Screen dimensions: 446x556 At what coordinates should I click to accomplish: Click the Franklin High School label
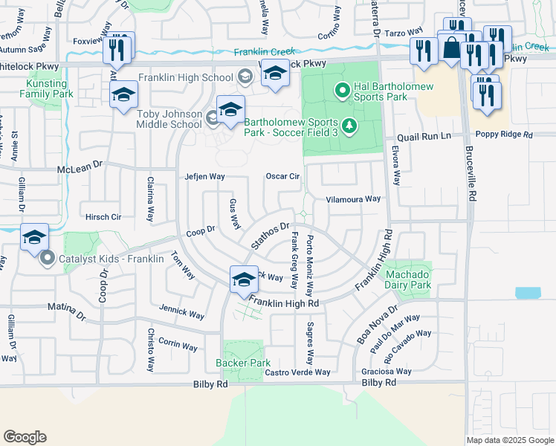[185, 77]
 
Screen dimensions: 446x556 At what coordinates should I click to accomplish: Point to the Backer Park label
[242, 363]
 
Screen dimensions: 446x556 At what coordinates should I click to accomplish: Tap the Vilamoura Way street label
[354, 199]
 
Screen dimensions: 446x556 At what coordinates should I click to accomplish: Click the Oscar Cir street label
[282, 176]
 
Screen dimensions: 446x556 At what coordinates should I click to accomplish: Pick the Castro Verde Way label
[297, 372]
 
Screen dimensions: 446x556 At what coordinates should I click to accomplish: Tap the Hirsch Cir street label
[103, 217]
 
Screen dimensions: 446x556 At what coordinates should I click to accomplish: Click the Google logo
[25, 437]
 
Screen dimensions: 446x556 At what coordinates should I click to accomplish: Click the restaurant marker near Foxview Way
[116, 48]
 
